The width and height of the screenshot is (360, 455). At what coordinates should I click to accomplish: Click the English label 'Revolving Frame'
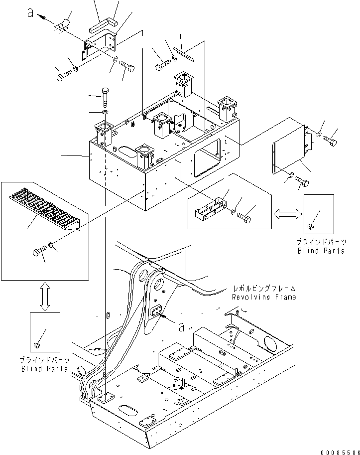click(263, 297)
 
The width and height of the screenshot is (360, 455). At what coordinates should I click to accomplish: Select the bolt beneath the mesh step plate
click(38, 252)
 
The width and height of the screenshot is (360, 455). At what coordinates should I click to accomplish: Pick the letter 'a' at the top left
click(31, 15)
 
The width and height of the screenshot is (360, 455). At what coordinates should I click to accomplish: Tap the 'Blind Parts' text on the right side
click(321, 251)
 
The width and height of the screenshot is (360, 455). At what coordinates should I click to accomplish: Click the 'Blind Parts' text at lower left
click(45, 368)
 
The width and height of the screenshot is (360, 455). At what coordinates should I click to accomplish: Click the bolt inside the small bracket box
click(244, 217)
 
